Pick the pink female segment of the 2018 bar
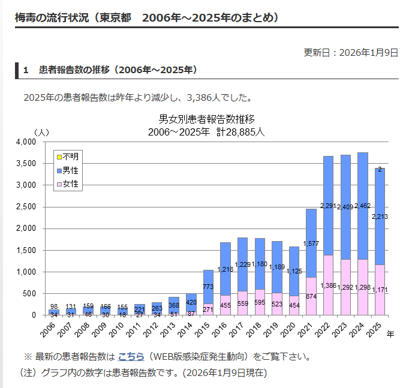point(259,294)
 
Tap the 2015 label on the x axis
point(203,328)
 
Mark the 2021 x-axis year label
point(306,328)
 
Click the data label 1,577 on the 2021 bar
point(311,243)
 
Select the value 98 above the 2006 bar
point(54,306)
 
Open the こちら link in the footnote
point(131,357)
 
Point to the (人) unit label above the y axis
point(41,131)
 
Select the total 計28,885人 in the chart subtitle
point(240,132)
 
